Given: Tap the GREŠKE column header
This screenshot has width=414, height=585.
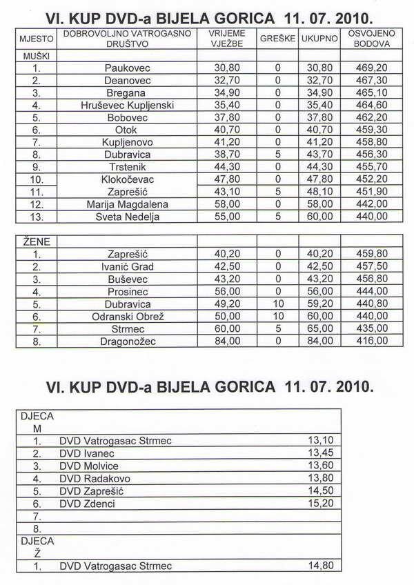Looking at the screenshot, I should click(x=278, y=39).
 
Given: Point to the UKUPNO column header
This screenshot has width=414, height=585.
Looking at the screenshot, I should click(x=319, y=39).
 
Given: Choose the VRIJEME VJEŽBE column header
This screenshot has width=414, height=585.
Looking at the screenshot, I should click(x=226, y=39).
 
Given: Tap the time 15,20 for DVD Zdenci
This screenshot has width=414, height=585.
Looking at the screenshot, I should click(x=319, y=504).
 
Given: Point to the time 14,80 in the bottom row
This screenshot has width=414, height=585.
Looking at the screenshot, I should click(x=319, y=566).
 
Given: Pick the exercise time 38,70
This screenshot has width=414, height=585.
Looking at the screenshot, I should click(x=226, y=155).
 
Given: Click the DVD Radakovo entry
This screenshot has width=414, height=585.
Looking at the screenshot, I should click(x=95, y=478).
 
